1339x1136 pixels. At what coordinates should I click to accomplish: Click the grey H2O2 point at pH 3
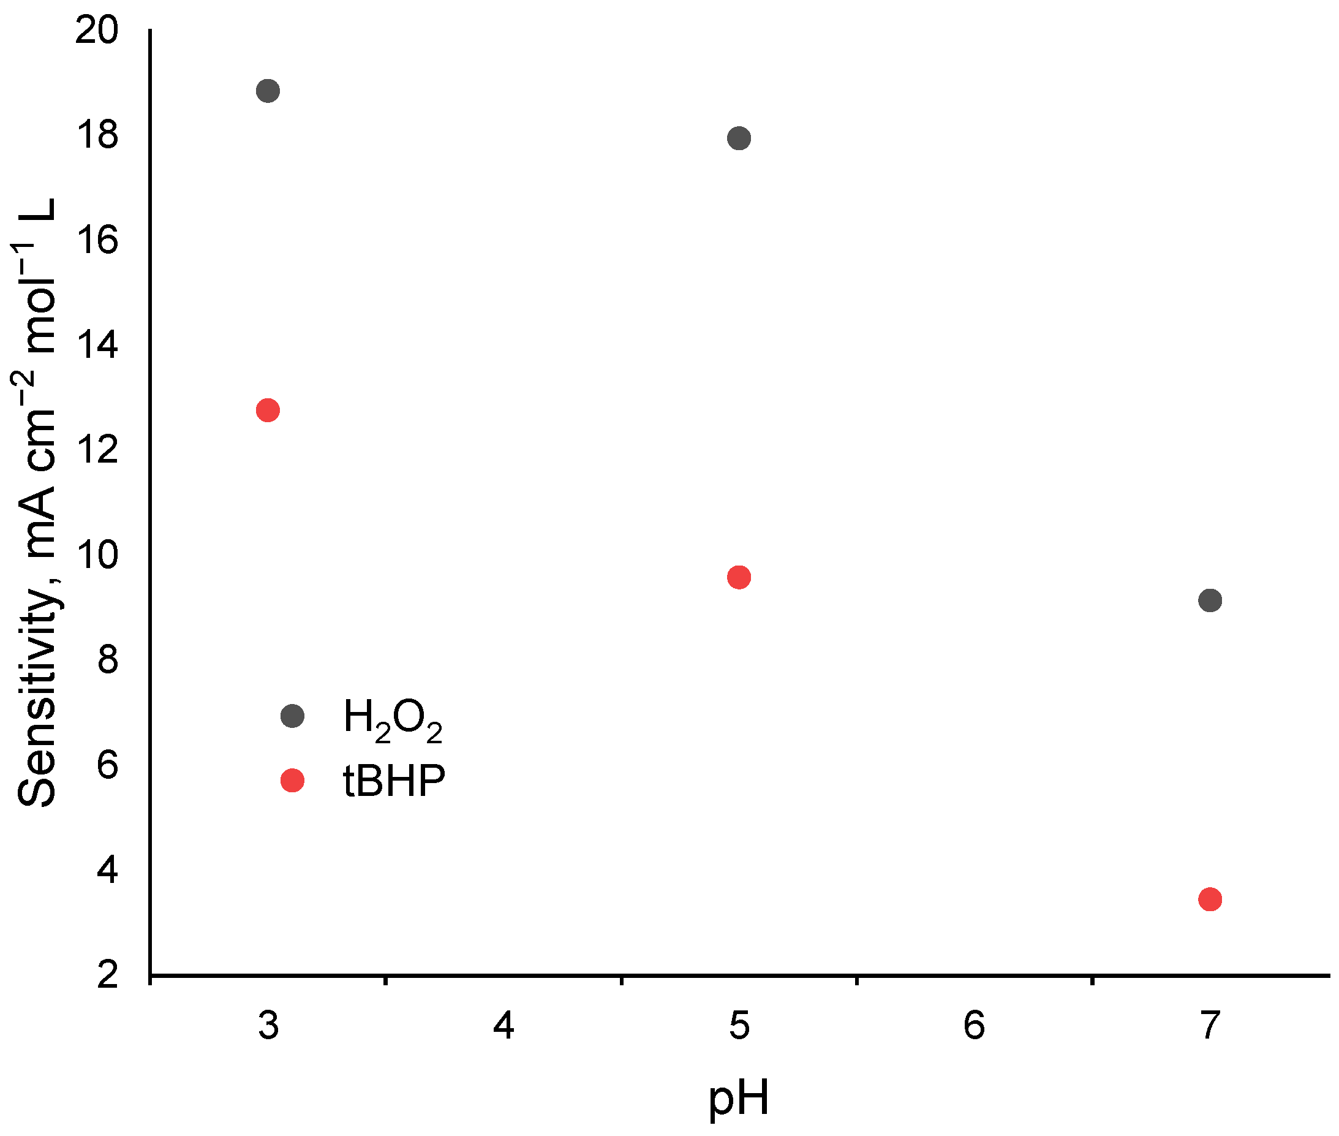click(268, 91)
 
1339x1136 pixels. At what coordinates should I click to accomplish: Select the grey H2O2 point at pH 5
click(739, 138)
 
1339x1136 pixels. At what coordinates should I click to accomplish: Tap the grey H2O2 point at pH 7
click(1210, 600)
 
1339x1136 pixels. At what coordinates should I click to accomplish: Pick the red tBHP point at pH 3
click(268, 411)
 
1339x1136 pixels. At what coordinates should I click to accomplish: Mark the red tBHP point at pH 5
click(739, 577)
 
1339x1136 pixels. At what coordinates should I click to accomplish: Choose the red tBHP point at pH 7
click(1210, 899)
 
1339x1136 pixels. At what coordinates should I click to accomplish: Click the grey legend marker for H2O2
click(292, 716)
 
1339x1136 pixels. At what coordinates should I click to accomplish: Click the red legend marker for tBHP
click(292, 781)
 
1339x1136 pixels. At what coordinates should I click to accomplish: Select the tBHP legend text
click(394, 781)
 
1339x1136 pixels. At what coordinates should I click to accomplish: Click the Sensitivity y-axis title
click(37, 502)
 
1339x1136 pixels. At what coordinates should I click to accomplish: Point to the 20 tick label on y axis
click(97, 30)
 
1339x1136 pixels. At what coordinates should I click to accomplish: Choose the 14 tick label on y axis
click(97, 344)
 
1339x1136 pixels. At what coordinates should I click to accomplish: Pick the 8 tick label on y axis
click(108, 659)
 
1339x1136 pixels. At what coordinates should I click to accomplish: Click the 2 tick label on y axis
click(108, 974)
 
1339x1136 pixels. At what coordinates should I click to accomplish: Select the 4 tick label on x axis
click(504, 1025)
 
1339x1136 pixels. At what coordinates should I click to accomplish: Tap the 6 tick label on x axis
click(974, 1025)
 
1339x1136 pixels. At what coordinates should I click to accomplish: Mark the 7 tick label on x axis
click(1210, 1025)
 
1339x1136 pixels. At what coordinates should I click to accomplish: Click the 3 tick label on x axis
click(268, 1025)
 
